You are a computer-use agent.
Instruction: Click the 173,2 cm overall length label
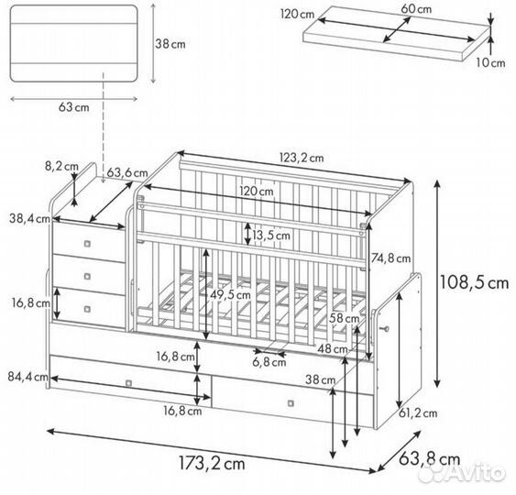coord(212,464)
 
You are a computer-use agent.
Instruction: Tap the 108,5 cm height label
coord(474,282)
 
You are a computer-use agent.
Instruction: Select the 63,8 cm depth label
coord(429,459)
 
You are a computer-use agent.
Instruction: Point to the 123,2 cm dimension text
coord(302,158)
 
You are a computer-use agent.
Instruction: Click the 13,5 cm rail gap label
coord(271,236)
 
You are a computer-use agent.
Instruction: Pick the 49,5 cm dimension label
coord(230,295)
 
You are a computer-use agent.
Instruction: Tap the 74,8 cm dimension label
coord(390,258)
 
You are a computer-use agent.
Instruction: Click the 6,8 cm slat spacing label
coord(269,363)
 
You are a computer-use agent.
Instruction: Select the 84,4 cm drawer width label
coord(28,377)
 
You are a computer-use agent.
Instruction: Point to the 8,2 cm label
coord(61,167)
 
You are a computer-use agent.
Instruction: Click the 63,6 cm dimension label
coord(127,173)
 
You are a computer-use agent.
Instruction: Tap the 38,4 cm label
coord(29,218)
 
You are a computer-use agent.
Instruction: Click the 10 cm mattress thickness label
coord(490,63)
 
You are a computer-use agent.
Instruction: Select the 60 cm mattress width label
coord(416,9)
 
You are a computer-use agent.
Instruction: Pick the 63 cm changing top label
coord(73,107)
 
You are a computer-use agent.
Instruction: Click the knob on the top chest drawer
coord(87,244)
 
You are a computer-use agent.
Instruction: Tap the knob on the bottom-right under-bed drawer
coord(291,403)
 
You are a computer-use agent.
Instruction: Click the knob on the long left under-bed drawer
coord(129,383)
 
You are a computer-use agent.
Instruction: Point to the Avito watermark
coord(464,473)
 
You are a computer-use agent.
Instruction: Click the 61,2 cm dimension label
coord(418,413)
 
